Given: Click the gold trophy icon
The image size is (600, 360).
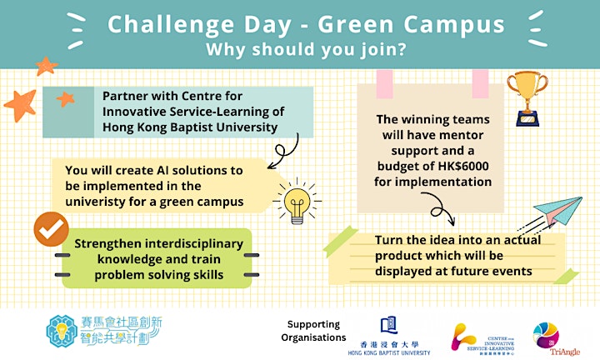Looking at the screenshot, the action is tap(527, 98).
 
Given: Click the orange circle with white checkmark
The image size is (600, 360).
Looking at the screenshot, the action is tap(52, 229).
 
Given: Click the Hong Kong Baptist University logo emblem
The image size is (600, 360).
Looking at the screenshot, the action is tap(389, 326).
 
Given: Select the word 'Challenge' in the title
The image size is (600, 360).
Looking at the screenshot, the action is tap(171, 25).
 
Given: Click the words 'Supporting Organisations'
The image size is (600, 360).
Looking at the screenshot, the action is tap(313, 331).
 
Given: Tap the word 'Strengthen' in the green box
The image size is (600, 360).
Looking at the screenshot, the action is tap(107, 243).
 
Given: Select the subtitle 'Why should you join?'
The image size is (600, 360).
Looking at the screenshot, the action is tap(306, 50).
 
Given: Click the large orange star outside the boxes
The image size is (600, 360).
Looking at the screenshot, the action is tap(21, 105).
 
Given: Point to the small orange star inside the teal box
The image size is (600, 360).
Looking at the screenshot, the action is tap(66, 99).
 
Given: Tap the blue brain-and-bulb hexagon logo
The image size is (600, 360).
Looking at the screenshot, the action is tap(62, 332).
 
